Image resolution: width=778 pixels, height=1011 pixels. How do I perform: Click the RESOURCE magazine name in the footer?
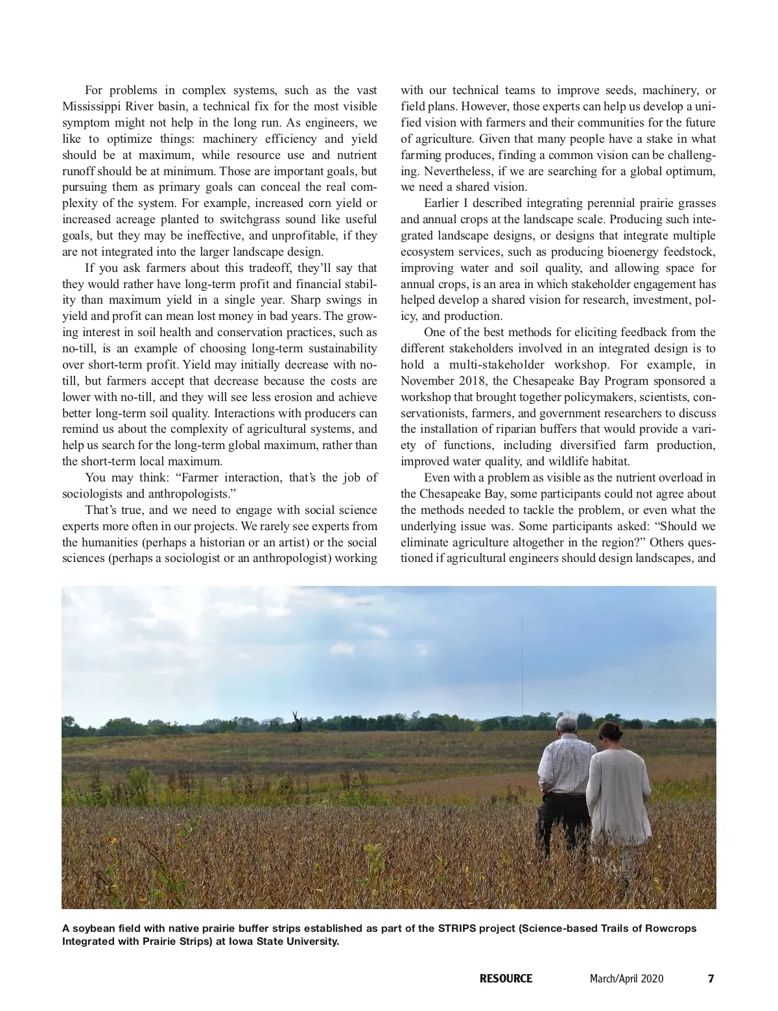[x=506, y=979]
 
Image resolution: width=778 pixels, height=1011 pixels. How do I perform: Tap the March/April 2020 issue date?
[x=626, y=979]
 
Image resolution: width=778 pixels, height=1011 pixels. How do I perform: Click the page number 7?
[x=711, y=979]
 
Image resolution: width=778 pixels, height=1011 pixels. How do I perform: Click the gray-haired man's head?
[x=568, y=726]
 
